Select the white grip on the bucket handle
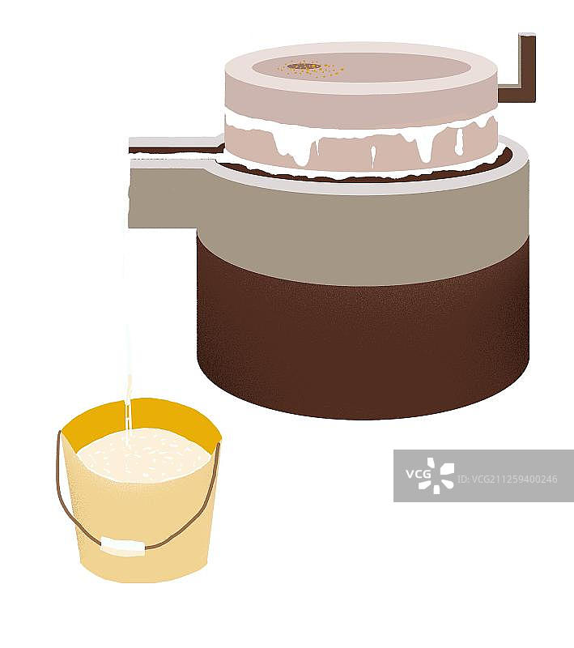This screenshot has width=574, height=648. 123,546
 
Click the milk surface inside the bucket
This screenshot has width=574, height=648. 143,455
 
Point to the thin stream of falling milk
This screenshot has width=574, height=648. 127,330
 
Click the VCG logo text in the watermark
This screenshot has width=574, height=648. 418,475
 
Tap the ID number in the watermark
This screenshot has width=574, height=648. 508,480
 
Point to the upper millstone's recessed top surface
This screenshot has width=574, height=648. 359,67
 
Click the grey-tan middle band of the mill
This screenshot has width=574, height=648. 364,232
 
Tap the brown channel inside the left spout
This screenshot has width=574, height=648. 176,151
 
